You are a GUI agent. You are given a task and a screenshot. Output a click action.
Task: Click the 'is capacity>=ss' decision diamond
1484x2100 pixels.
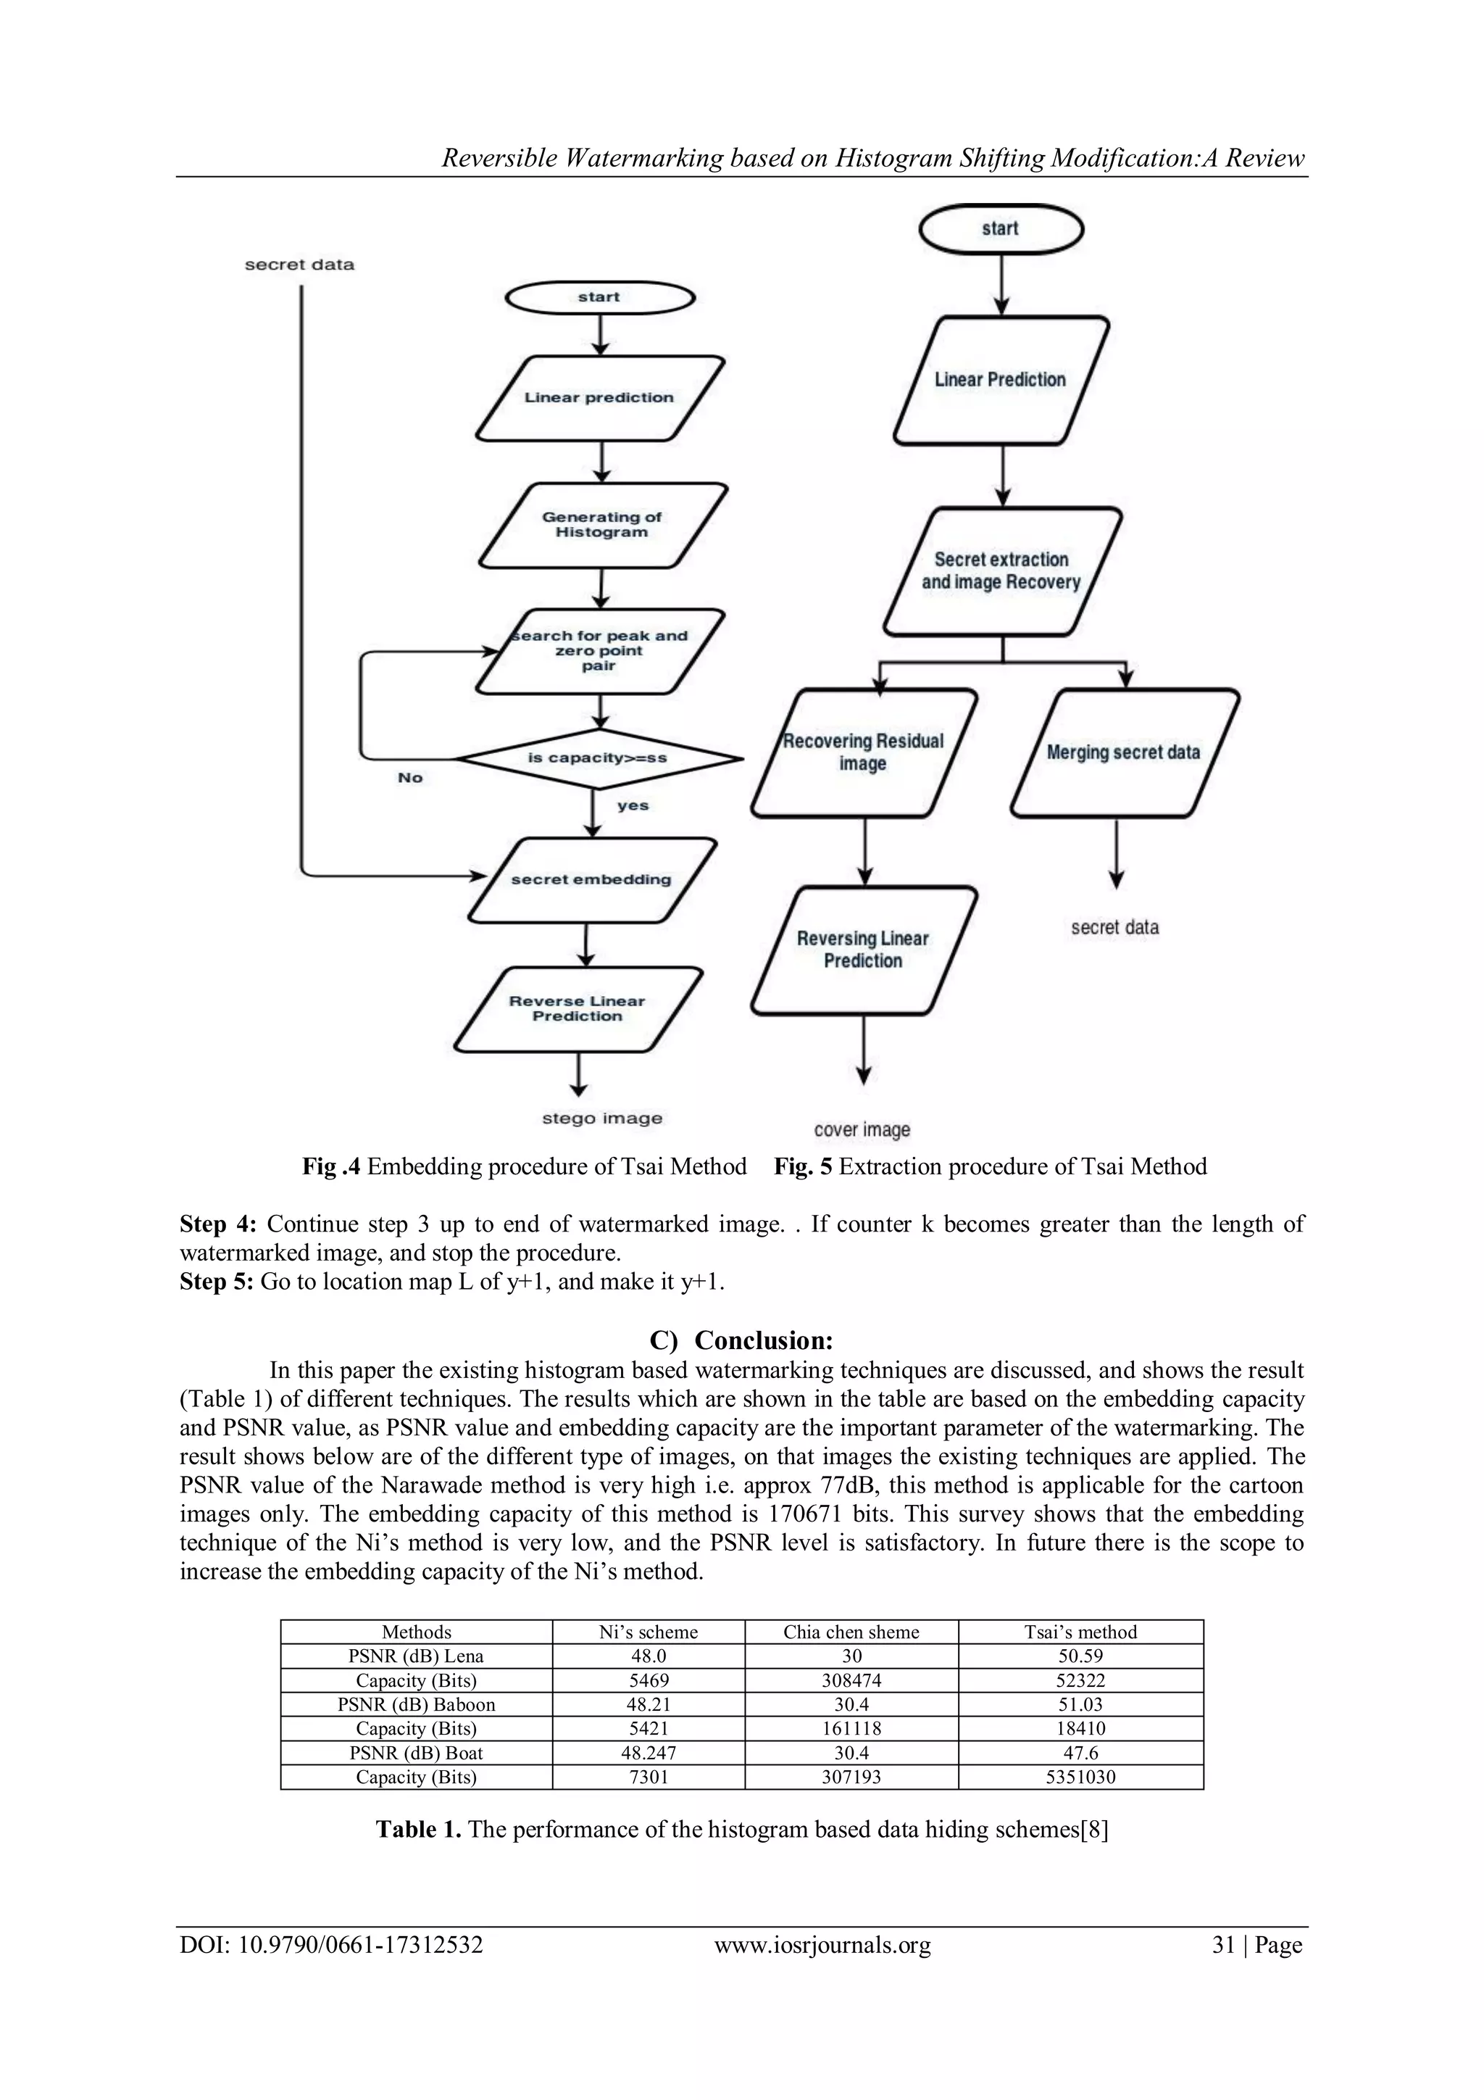tap(599, 758)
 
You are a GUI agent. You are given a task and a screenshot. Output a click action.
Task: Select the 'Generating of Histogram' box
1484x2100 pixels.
tap(601, 525)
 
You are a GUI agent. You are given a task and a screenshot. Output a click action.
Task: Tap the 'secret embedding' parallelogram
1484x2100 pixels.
tap(591, 880)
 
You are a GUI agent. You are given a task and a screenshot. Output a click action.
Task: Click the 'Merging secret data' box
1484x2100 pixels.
tap(1124, 752)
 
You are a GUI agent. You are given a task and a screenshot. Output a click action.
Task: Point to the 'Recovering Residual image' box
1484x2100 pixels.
tap(863, 752)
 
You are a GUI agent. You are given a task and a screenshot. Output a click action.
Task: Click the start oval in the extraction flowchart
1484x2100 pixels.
tap(1000, 228)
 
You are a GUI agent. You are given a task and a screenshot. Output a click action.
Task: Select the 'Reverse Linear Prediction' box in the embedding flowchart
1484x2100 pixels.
tap(578, 1009)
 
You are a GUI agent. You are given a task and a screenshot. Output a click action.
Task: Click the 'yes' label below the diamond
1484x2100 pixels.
tap(633, 806)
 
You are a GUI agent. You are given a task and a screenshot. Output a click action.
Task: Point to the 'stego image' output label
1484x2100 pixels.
tap(601, 1119)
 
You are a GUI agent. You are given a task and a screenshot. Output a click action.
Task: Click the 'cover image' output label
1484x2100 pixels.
tap(862, 1131)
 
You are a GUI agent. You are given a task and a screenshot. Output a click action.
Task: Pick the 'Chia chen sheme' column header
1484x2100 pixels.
tap(851, 1632)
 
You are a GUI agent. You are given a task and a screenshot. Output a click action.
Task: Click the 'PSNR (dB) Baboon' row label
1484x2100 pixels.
tap(416, 1704)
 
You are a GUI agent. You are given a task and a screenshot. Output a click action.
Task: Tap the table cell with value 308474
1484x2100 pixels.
tap(851, 1680)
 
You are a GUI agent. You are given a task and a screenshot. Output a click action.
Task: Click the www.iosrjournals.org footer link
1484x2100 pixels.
tap(822, 1945)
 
